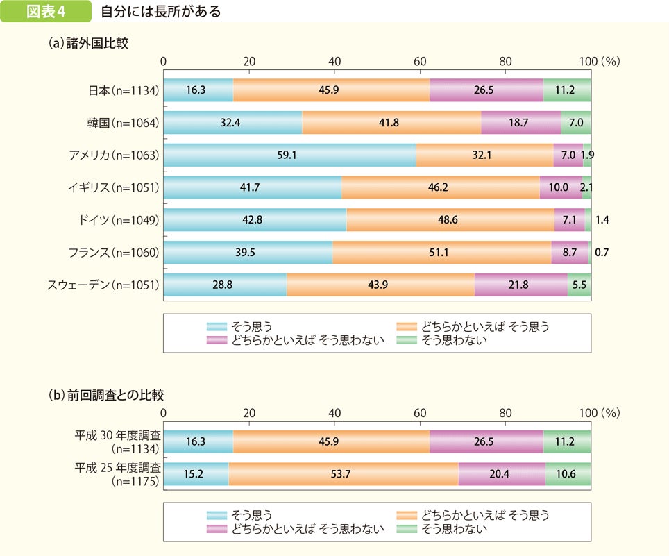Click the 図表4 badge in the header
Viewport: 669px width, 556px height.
(45, 12)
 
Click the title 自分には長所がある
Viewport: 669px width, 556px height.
(160, 12)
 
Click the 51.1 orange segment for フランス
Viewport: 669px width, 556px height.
(441, 253)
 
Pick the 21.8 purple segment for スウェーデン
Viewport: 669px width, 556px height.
(521, 285)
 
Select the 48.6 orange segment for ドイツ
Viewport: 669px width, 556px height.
(450, 220)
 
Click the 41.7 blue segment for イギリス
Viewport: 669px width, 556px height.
(253, 187)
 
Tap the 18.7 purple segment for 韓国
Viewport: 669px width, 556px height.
(520, 123)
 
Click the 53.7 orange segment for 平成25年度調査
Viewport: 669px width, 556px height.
(343, 474)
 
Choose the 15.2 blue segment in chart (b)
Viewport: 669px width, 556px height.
(196, 474)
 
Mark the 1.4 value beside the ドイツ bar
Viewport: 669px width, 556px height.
(602, 220)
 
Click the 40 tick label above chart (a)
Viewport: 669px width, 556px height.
(334, 62)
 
